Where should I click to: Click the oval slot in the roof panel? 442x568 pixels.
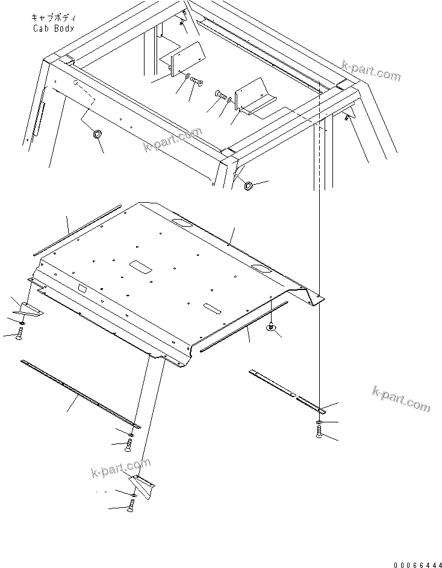pos(211,307)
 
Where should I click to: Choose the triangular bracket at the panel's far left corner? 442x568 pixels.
pos(28,307)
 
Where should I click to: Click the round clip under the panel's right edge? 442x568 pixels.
pos(272,327)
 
